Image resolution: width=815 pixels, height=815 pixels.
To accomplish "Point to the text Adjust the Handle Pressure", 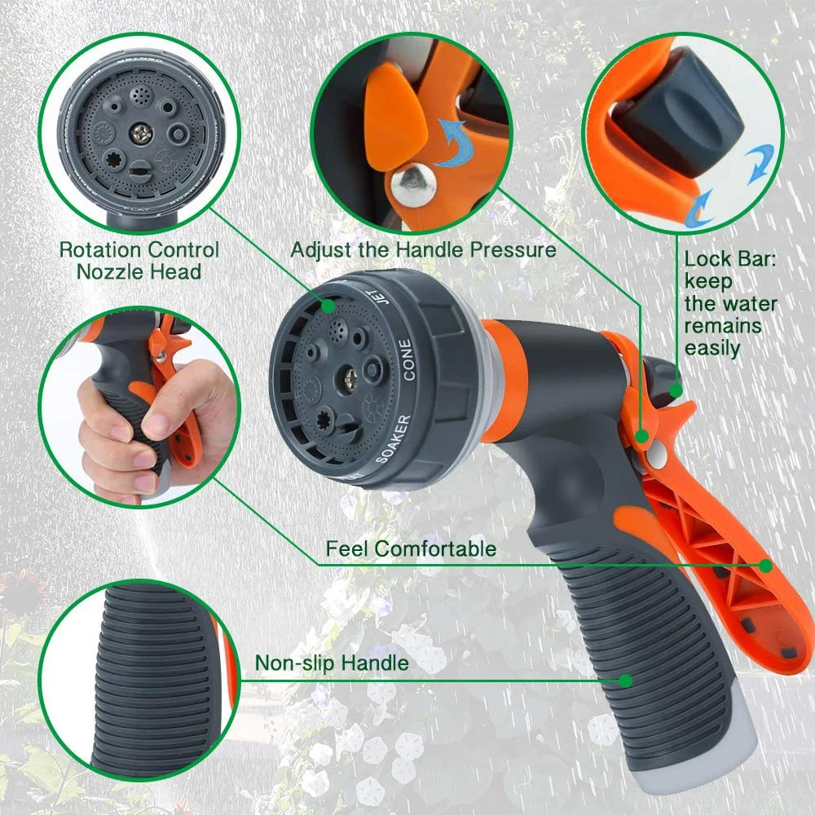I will click(423, 249).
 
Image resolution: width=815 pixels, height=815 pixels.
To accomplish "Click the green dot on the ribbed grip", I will click(625, 679).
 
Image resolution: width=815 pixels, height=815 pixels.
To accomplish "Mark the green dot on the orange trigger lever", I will click(765, 564).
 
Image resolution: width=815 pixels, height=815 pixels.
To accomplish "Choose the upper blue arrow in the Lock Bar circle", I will click(757, 159).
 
